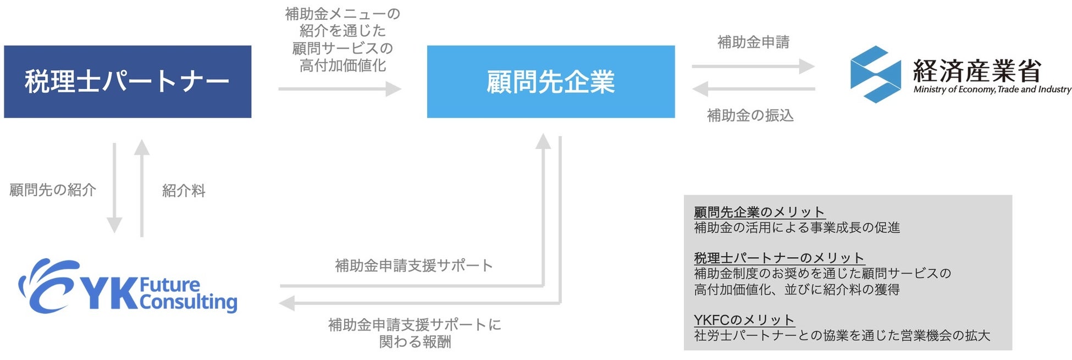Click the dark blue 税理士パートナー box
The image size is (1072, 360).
tap(128, 81)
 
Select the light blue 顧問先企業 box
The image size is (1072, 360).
tap(550, 81)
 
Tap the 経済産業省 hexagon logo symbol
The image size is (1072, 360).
tap(875, 74)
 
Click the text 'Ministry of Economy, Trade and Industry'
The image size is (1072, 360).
tap(992, 90)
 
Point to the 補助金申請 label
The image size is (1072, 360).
tap(753, 42)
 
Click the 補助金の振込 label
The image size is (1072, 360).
tap(750, 115)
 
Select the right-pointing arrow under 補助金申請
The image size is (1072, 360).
tap(753, 67)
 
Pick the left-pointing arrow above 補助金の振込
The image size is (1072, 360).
tap(753, 88)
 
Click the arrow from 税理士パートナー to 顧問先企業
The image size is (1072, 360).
tap(340, 88)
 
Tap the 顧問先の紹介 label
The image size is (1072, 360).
tap(53, 190)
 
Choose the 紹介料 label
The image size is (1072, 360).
tap(184, 191)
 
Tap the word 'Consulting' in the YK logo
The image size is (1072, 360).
tap(189, 302)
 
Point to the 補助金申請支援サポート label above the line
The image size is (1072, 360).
tap(413, 266)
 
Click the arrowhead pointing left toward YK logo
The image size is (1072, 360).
tap(287, 303)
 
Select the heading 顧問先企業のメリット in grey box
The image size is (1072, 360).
tap(759, 212)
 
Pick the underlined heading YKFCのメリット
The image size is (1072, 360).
tap(743, 320)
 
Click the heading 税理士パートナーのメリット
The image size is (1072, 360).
tap(778, 258)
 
